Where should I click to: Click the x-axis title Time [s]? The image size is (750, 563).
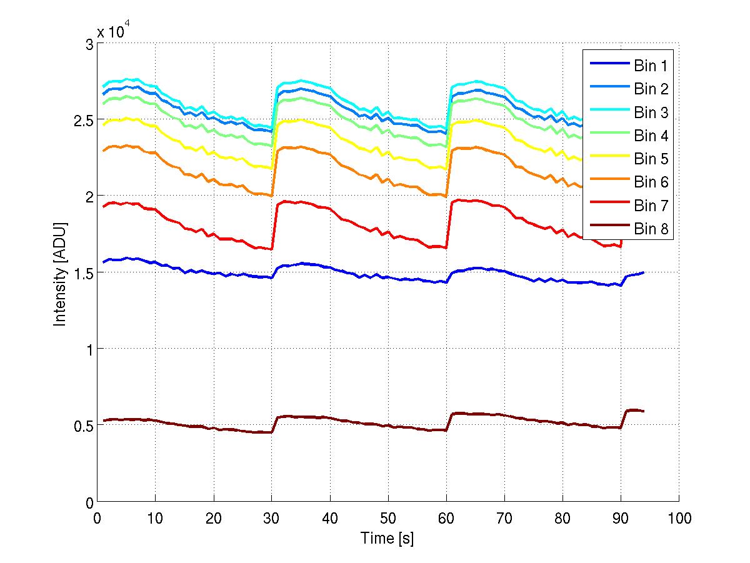click(x=387, y=539)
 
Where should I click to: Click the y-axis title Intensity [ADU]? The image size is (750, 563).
click(x=61, y=273)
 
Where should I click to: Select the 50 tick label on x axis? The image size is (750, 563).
click(x=387, y=517)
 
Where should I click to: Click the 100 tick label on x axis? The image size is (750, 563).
click(x=679, y=517)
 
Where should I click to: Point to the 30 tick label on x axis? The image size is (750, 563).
click(x=271, y=517)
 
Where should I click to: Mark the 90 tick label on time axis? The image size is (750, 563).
click(x=621, y=517)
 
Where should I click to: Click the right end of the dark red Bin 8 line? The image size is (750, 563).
click(x=643, y=411)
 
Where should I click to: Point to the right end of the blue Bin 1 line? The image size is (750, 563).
click(x=643, y=273)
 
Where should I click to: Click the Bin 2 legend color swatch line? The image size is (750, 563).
click(x=609, y=89)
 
